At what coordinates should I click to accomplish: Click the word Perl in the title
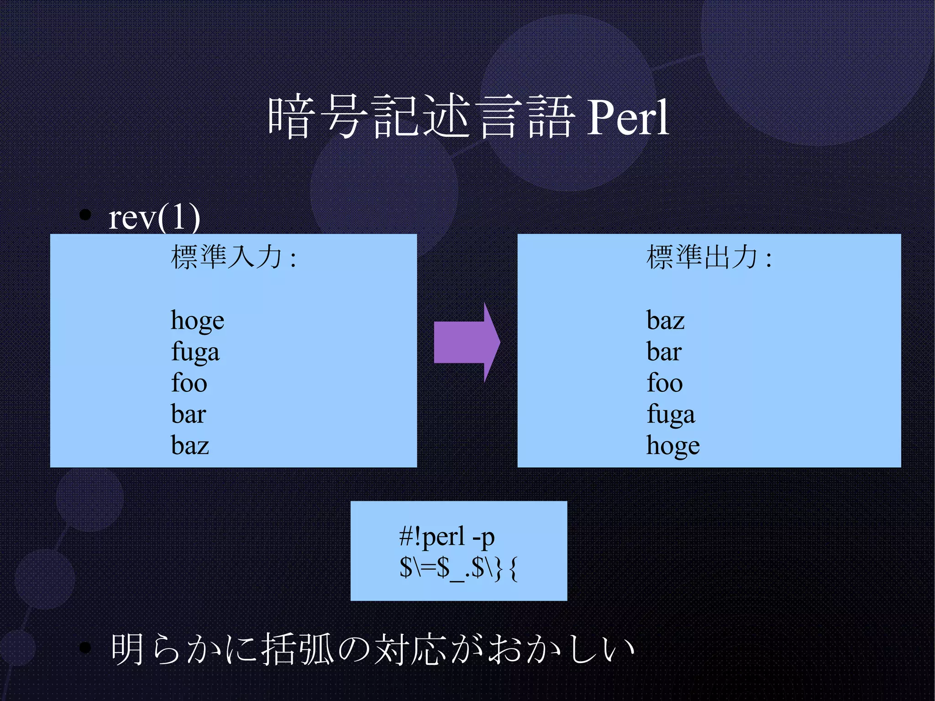pyautogui.click(x=627, y=118)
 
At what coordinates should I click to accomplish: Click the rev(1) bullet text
pyautogui.click(x=154, y=217)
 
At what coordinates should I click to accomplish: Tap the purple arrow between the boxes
pyautogui.click(x=466, y=342)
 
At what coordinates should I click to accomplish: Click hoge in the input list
pyautogui.click(x=197, y=321)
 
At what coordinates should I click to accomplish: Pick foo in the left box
pyautogui.click(x=189, y=383)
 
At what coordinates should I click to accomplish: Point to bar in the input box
pyautogui.click(x=188, y=414)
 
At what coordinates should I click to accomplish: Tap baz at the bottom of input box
pyautogui.click(x=190, y=445)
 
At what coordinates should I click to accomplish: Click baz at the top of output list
pyautogui.click(x=665, y=321)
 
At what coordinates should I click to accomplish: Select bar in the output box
pyautogui.click(x=664, y=352)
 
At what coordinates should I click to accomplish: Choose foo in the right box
pyautogui.click(x=664, y=383)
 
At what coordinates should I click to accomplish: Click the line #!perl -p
pyautogui.click(x=446, y=537)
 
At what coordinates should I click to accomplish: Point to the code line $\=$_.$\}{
pyautogui.click(x=458, y=569)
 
